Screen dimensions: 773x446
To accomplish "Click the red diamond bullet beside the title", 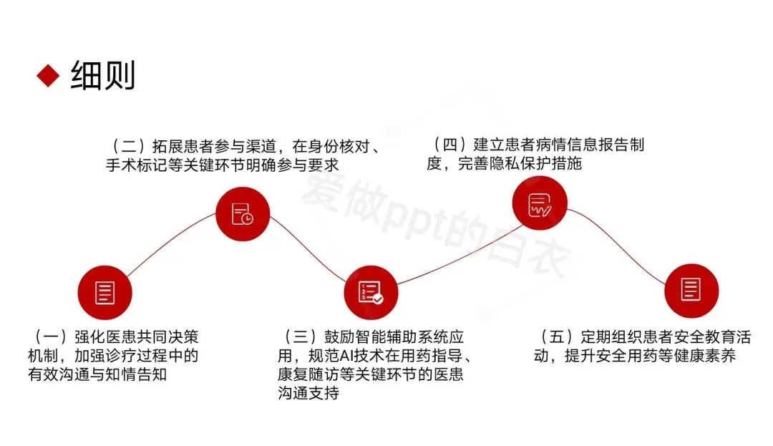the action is coord(48,75).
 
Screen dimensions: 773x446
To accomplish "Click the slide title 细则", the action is coord(103,75).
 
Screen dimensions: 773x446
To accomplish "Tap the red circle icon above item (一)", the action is coord(104,292).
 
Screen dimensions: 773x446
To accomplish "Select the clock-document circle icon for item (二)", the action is coord(243,213).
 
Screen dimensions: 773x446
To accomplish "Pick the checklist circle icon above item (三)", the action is coord(371,292).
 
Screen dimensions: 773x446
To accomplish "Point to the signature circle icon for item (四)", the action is coord(538,204).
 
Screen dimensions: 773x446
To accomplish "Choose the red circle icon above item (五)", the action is coord(691,290).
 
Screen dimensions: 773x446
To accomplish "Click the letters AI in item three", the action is coord(354,356).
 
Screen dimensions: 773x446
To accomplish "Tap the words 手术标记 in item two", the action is coord(133,165).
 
